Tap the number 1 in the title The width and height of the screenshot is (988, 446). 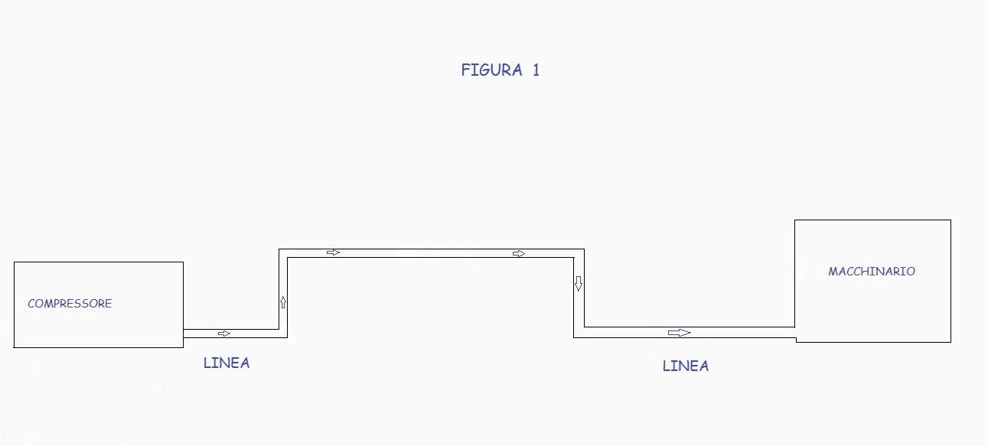click(x=536, y=70)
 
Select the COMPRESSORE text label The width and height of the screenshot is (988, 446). click(x=70, y=304)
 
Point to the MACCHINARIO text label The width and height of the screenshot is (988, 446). click(x=872, y=272)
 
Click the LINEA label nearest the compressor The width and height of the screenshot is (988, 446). click(x=227, y=363)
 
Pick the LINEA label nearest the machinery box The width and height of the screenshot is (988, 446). click(x=686, y=366)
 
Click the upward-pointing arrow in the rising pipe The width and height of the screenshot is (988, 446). click(x=283, y=302)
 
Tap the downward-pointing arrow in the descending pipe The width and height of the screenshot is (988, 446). click(x=579, y=284)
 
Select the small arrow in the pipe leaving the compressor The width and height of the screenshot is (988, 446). click(x=224, y=334)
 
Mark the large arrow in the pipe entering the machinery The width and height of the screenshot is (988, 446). click(x=679, y=333)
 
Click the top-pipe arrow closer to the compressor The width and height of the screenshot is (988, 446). click(x=333, y=252)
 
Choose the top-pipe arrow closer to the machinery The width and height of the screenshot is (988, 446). click(x=519, y=253)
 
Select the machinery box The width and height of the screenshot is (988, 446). click(x=872, y=306)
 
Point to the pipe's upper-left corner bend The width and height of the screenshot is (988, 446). click(x=283, y=253)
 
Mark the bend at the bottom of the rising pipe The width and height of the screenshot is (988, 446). click(x=283, y=334)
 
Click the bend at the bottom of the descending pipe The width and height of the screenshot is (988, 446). click(x=579, y=332)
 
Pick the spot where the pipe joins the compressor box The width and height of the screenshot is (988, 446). click(x=184, y=334)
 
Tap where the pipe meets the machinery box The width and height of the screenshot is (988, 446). click(x=795, y=332)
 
